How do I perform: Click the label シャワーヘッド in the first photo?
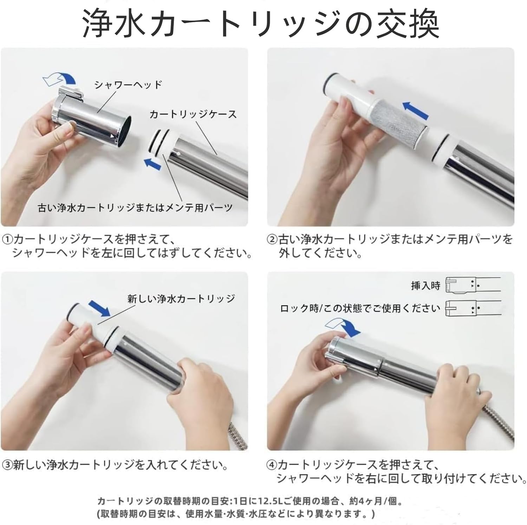coord(128,85)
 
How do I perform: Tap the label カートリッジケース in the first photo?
coord(193,114)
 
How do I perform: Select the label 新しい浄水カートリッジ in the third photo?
coord(181,298)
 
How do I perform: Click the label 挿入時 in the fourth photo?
coord(425,286)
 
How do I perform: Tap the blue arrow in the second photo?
coord(416,110)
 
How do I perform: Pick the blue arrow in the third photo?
coord(99,308)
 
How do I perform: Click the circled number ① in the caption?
coord(8,240)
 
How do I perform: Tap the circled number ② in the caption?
coord(273,240)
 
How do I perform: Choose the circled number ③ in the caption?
coord(8,465)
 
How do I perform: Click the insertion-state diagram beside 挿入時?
coord(473,285)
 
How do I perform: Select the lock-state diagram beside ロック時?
coord(473,309)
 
